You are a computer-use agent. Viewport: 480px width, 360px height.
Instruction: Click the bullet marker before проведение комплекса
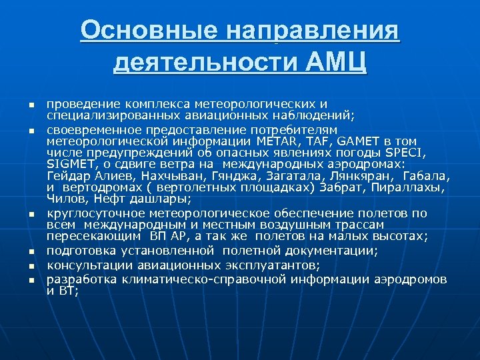click(31, 105)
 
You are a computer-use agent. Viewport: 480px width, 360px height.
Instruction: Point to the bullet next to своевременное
click(31, 130)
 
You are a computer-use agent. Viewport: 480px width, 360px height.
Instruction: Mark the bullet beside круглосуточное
click(31, 215)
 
